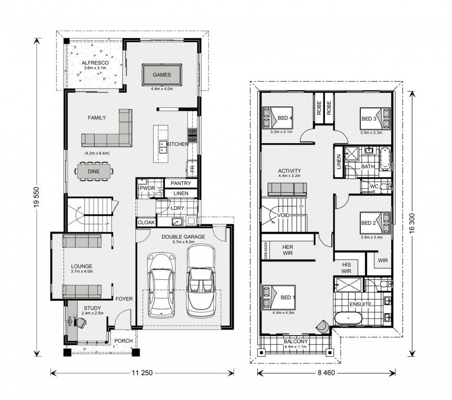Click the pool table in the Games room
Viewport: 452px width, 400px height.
click(x=162, y=74)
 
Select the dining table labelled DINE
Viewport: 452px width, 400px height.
click(x=94, y=171)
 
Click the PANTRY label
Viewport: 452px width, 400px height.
click(x=181, y=183)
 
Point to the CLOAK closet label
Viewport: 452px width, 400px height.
click(x=146, y=222)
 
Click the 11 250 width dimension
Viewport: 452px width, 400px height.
click(x=142, y=373)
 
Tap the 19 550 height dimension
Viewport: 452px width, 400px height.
click(x=36, y=197)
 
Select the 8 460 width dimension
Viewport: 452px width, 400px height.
click(x=327, y=373)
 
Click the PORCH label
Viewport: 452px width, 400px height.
click(x=123, y=341)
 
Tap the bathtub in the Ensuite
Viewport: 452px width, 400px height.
click(x=348, y=318)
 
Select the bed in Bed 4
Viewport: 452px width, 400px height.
click(x=278, y=118)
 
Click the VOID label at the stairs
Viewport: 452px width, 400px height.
click(x=283, y=215)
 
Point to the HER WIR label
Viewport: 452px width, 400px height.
click(x=287, y=250)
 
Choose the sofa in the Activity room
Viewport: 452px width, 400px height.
click(x=287, y=190)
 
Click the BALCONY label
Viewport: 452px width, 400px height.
click(x=295, y=342)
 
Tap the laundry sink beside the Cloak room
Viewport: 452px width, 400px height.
click(x=176, y=221)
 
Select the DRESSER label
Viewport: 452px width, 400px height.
click(x=266, y=251)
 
